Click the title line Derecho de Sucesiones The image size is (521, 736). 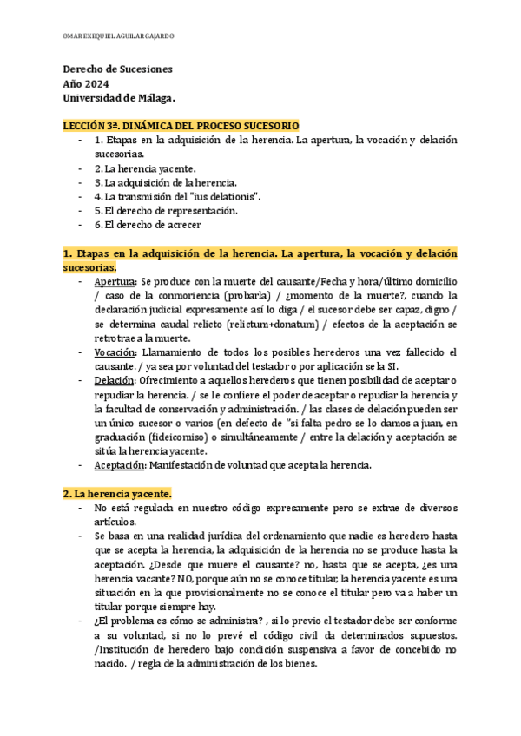click(x=118, y=69)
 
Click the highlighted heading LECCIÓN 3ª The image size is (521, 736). click(x=181, y=126)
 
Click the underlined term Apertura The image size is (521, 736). click(x=114, y=282)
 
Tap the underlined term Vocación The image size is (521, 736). click(x=114, y=352)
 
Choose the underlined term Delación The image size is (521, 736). click(x=113, y=380)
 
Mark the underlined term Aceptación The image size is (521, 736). click(x=119, y=464)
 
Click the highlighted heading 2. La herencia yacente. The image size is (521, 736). click(x=117, y=493)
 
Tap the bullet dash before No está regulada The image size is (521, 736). click(x=81, y=508)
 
